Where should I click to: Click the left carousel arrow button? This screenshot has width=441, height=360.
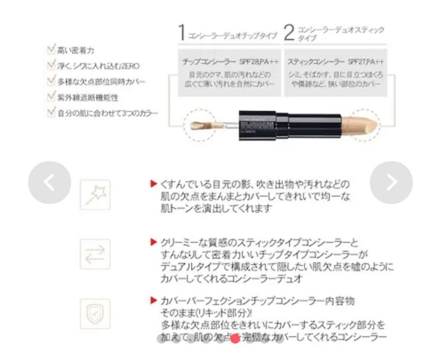point(50,183)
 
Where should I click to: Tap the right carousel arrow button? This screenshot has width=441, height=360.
point(391,183)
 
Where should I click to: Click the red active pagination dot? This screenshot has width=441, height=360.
point(235,338)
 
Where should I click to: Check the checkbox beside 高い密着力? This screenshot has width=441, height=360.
point(51,50)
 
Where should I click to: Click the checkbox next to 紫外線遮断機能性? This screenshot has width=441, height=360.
point(51,97)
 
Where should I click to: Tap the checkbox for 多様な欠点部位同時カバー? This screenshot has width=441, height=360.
point(51,81)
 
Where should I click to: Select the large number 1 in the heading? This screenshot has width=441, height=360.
point(183,34)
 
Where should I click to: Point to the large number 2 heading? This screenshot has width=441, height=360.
point(289,34)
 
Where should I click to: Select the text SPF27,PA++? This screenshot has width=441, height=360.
point(366,62)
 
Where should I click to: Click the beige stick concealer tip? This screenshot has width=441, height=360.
point(364,124)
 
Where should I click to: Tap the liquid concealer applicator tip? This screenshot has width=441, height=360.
point(199,126)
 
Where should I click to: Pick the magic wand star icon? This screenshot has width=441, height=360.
point(95,195)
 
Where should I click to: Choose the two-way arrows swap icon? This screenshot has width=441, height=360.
point(95,254)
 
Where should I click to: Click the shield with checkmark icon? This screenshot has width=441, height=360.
point(95,313)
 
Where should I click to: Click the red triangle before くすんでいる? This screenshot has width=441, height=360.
point(153,184)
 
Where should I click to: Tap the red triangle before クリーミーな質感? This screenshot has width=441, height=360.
point(153,242)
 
